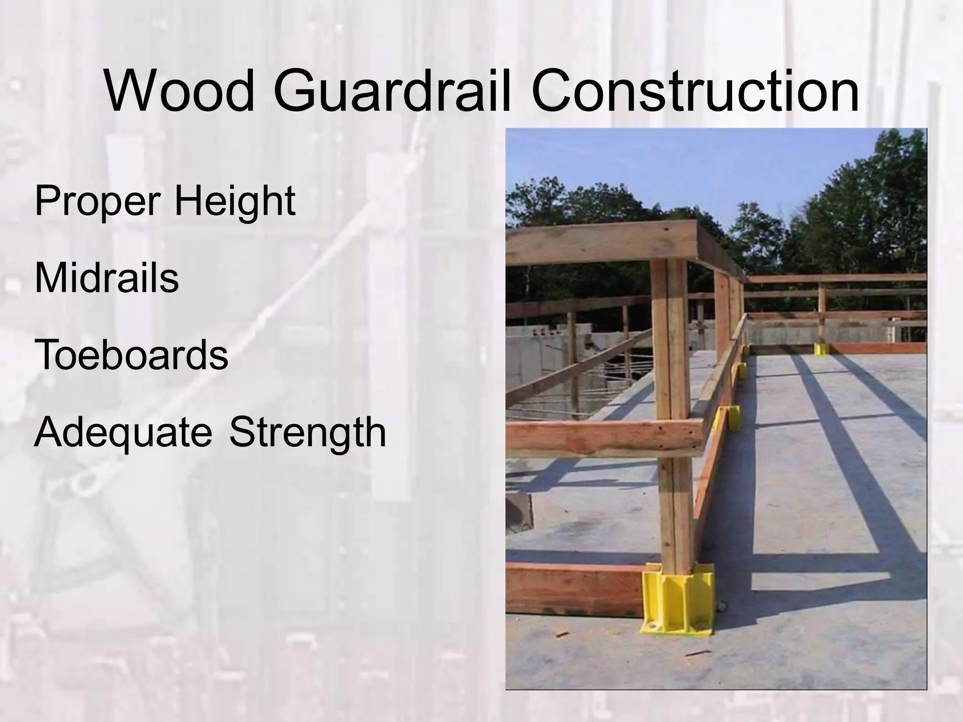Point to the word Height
pos(235,202)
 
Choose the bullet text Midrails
pos(106,278)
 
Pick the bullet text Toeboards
pos(131,355)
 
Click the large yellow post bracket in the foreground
pos(678,597)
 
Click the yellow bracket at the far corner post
pos(821,349)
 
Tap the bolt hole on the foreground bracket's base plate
pos(653,626)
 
